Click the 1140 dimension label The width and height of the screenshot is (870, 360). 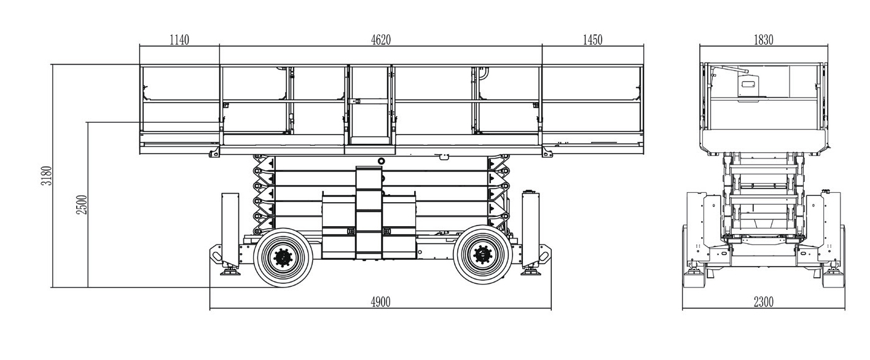click(x=179, y=39)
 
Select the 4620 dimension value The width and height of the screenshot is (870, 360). click(x=381, y=39)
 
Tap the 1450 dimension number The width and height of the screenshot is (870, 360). click(x=592, y=39)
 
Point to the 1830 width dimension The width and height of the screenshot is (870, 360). click(x=764, y=39)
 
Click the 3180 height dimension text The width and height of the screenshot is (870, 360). click(x=47, y=176)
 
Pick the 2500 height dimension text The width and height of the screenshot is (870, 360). click(x=82, y=205)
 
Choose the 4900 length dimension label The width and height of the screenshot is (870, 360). click(x=380, y=302)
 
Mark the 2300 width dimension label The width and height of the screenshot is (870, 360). click(x=764, y=302)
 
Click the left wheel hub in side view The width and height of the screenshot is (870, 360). click(x=283, y=257)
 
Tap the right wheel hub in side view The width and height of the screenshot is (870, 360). click(x=483, y=255)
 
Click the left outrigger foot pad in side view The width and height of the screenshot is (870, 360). click(x=230, y=272)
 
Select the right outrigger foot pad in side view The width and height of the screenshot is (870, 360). click(x=531, y=272)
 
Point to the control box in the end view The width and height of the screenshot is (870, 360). click(x=748, y=86)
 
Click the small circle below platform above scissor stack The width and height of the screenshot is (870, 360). click(x=382, y=161)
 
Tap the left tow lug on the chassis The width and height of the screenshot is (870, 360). click(x=216, y=254)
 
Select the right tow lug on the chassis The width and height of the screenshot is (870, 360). click(x=544, y=254)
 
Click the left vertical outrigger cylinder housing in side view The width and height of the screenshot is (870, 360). click(x=230, y=229)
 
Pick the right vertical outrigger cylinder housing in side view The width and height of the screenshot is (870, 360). click(x=531, y=229)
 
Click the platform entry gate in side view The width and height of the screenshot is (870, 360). click(x=370, y=105)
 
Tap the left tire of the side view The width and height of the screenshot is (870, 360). click(x=283, y=257)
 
